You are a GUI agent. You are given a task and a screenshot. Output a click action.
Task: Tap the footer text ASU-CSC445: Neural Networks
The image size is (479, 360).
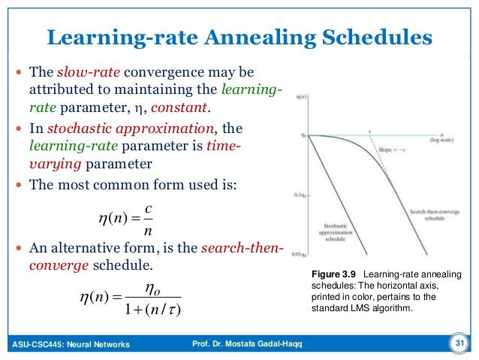coord(71,345)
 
